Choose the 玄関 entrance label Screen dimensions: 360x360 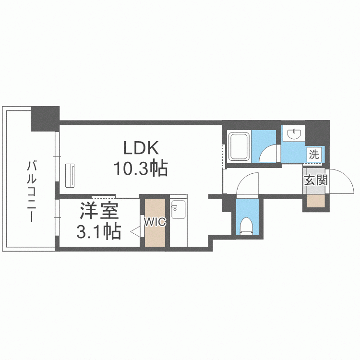[316, 180]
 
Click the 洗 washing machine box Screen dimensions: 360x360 [314, 155]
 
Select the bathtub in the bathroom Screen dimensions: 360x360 [239, 146]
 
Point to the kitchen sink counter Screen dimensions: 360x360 [178, 221]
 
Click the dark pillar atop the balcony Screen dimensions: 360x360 [45, 119]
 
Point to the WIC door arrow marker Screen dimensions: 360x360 [135, 232]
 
